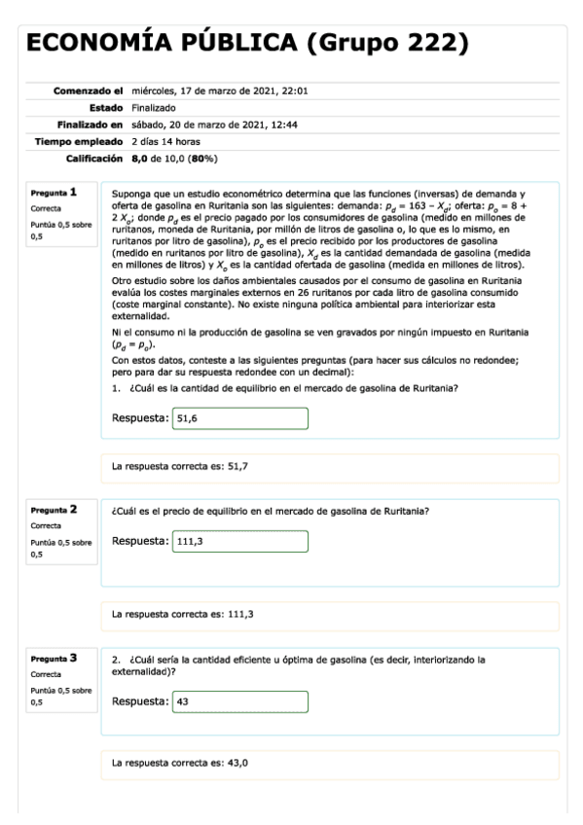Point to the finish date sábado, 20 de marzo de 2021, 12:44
pyautogui.click(x=213, y=125)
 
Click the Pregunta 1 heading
pyautogui.click(x=53, y=193)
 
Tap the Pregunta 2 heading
pyautogui.click(x=53, y=509)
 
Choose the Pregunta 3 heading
pyautogui.click(x=53, y=659)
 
